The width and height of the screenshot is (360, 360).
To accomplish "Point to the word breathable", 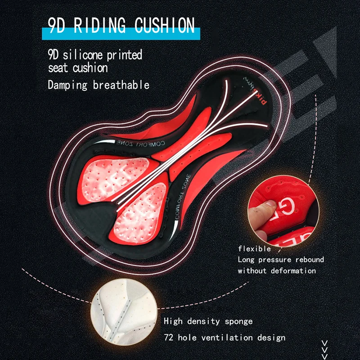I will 121,85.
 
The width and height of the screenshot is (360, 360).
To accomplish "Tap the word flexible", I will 255,248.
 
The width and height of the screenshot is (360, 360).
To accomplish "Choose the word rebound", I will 310,260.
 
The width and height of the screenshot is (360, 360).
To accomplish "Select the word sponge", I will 238,321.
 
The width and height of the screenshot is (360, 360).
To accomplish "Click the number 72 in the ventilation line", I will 170,337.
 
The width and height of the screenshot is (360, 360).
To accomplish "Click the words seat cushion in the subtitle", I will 78,68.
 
